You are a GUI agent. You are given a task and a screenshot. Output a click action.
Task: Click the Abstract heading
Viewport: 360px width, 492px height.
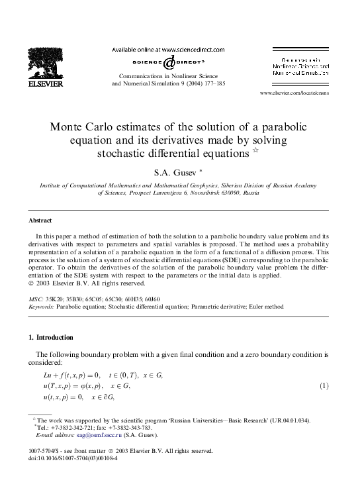point(42,220)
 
